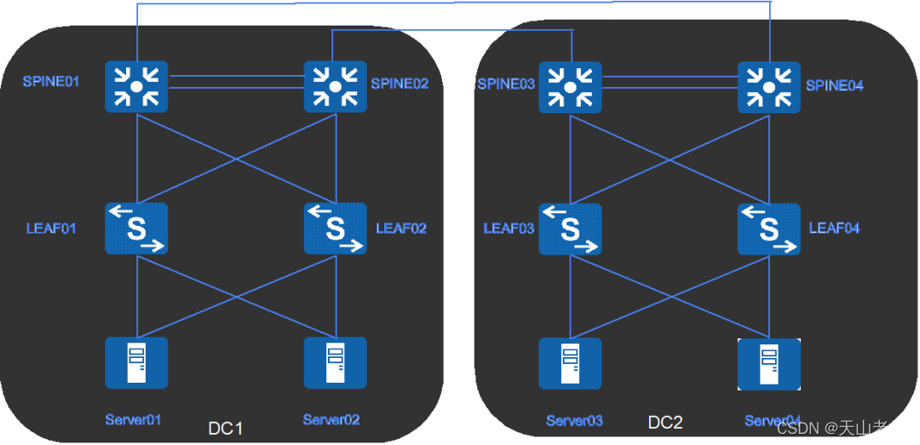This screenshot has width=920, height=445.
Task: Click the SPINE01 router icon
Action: [x=136, y=86]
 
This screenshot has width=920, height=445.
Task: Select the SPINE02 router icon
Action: [x=336, y=86]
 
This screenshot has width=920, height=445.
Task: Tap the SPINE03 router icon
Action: [x=570, y=86]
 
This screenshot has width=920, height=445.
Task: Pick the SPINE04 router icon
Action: [x=769, y=86]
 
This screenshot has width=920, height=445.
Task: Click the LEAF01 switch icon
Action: [x=136, y=228]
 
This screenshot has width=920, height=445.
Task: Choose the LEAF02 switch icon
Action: [x=336, y=228]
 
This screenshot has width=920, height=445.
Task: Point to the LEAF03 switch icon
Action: [x=570, y=228]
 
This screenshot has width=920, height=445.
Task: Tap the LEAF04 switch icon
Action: [x=769, y=228]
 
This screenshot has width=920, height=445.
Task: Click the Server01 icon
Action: [x=136, y=363]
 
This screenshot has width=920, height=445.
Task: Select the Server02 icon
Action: [x=336, y=363]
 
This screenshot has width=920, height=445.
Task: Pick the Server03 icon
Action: [x=570, y=364]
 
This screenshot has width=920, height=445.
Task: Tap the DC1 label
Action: [x=226, y=428]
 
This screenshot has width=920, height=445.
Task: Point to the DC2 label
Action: [x=665, y=422]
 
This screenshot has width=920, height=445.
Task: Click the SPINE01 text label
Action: [x=51, y=83]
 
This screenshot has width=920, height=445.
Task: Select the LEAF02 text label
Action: [x=401, y=228]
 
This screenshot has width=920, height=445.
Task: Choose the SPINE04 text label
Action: [x=835, y=85]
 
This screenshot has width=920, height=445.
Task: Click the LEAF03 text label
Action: [x=509, y=228]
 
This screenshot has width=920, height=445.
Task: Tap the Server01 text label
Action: [x=134, y=419]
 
